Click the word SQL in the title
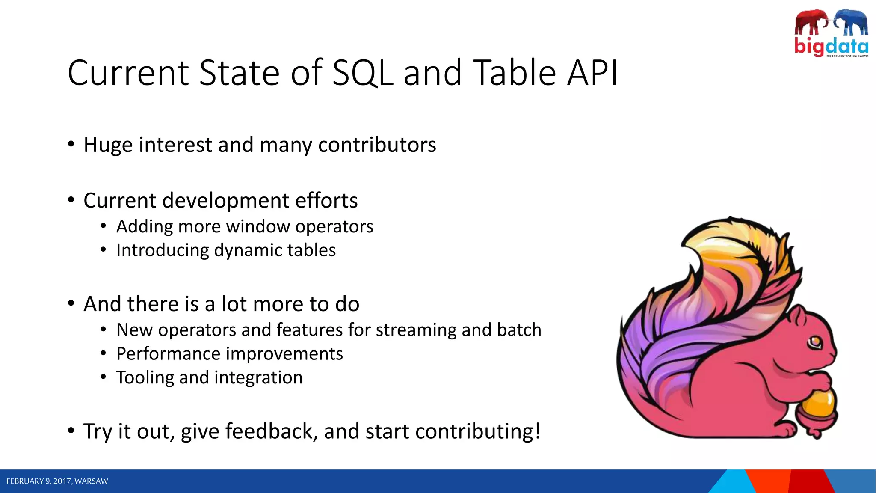click(x=362, y=73)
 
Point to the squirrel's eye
click(x=814, y=342)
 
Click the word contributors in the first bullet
click(x=377, y=145)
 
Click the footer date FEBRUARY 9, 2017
click(x=38, y=481)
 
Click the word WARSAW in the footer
click(x=91, y=481)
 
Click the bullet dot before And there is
click(x=71, y=303)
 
